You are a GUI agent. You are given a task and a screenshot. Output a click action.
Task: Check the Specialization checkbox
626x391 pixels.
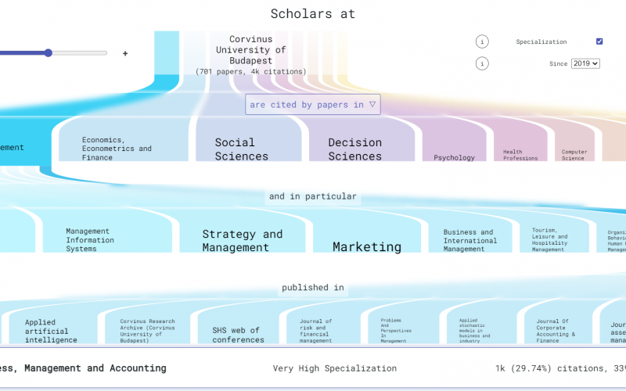pyautogui.click(x=599, y=41)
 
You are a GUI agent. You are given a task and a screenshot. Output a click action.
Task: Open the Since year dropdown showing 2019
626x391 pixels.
pyautogui.click(x=585, y=63)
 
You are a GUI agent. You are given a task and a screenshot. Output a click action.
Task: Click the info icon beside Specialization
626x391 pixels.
pyautogui.click(x=482, y=41)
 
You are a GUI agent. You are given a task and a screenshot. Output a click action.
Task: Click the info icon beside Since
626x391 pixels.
pyautogui.click(x=482, y=63)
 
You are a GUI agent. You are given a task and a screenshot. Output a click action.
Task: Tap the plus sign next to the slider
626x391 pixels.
pyautogui.click(x=124, y=53)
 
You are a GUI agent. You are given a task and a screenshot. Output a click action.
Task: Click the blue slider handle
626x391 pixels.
pyautogui.click(x=49, y=53)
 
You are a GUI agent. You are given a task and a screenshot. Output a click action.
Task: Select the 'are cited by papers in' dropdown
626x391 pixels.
pyautogui.click(x=313, y=104)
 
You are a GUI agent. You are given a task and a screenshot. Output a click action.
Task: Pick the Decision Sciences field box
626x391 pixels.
pyautogui.click(x=354, y=149)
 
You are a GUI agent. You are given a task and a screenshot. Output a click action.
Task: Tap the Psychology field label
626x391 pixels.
pyautogui.click(x=454, y=157)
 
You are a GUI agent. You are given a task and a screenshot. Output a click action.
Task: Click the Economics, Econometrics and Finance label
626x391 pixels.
pyautogui.click(x=117, y=148)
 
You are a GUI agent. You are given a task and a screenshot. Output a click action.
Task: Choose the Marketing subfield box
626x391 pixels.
pyautogui.click(x=367, y=246)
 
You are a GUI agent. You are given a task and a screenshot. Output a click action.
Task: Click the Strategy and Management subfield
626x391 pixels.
pyautogui.click(x=242, y=240)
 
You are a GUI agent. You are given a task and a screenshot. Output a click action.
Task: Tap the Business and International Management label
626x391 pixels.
pyautogui.click(x=469, y=240)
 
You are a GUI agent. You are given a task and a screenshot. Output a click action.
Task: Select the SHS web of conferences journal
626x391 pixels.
pyautogui.click(x=238, y=335)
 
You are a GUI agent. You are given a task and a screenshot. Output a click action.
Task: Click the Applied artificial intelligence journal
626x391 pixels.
pyautogui.click(x=51, y=331)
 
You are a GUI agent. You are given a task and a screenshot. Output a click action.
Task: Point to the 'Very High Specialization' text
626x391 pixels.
pyautogui.click(x=334, y=368)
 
